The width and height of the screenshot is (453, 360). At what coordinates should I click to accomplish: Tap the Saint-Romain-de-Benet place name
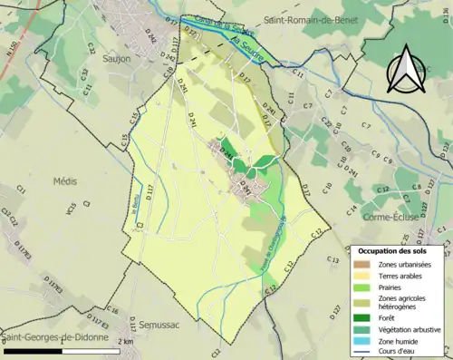tap(309, 19)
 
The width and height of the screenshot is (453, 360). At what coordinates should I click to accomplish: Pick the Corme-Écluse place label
tap(417, 219)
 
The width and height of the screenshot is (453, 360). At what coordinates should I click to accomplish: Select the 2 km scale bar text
tap(126, 341)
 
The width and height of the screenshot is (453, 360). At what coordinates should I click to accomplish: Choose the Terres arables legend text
tap(404, 275)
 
